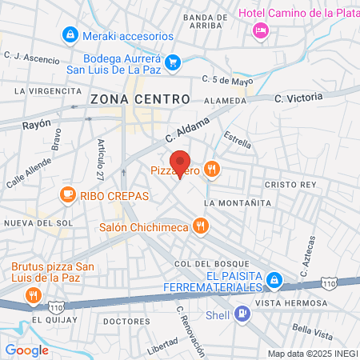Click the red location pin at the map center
tap(180, 163)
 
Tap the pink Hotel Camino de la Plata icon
tap(260, 30)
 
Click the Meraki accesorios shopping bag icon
tap(70, 36)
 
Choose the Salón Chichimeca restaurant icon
tap(199, 226)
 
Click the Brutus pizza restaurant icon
tap(33, 295)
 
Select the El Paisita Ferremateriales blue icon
tap(274, 280)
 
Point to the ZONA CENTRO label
tap(140, 98)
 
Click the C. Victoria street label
tap(298, 98)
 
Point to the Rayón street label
tap(36, 124)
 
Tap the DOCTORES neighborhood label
tap(126, 321)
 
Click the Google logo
tap(26, 350)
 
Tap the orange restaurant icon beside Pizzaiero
tap(211, 169)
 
